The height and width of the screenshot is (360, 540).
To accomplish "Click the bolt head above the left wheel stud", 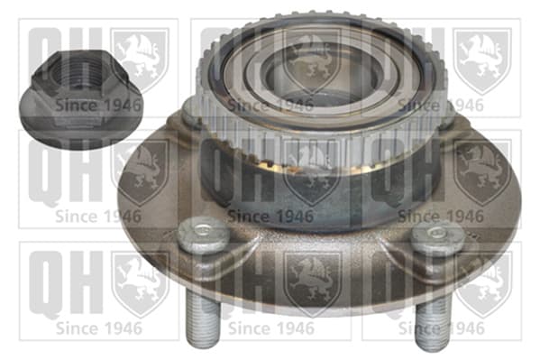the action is tap(204, 235).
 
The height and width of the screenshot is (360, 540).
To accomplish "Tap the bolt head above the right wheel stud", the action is tap(437, 238).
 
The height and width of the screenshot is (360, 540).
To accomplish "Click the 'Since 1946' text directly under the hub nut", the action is tap(98, 105).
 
